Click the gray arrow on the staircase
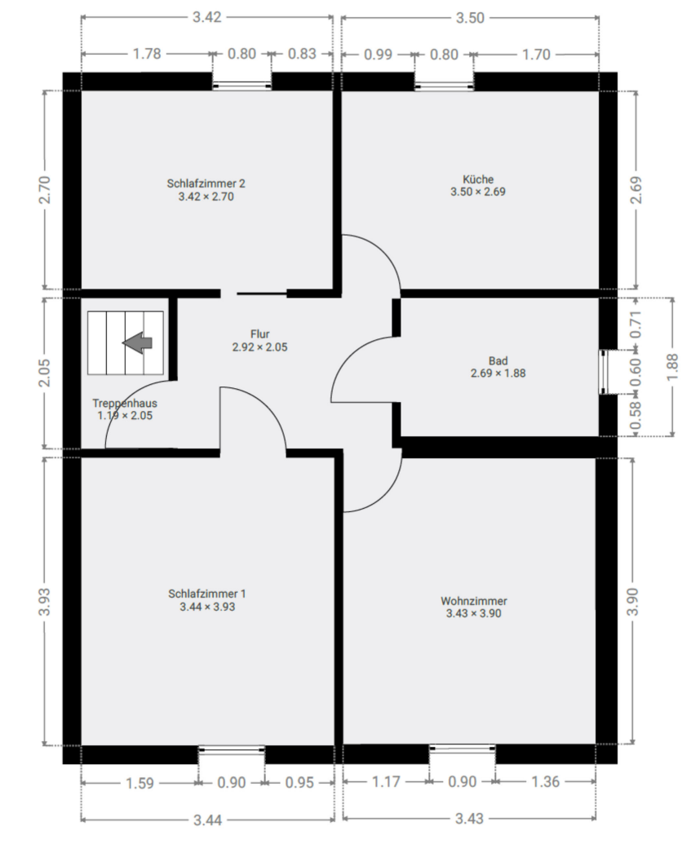(x=138, y=343)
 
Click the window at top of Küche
(x=444, y=82)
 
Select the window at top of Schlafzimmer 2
(x=242, y=82)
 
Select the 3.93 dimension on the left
(x=47, y=601)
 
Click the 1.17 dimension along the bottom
(x=386, y=782)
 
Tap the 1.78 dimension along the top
(x=147, y=55)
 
